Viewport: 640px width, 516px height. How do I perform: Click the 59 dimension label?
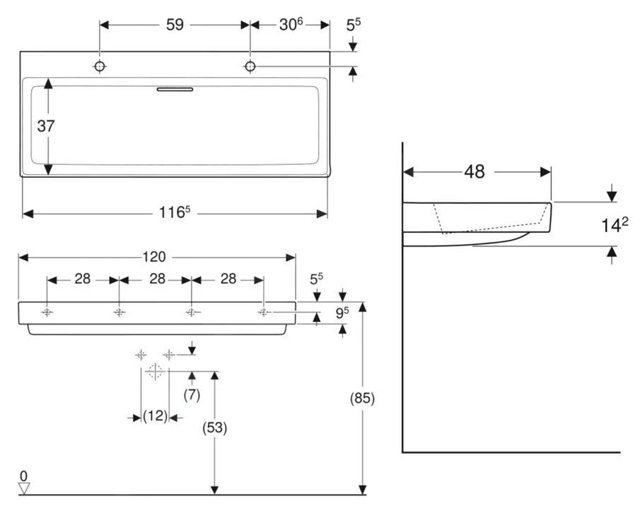[175, 25]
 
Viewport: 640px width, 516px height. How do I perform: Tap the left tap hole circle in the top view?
[100, 67]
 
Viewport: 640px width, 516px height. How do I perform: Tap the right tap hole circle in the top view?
[250, 67]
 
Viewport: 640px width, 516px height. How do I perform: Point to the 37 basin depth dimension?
[47, 126]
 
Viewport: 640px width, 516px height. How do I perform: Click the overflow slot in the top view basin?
[174, 89]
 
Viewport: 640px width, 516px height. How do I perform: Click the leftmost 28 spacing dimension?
[83, 279]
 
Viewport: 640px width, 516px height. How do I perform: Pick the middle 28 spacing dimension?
[157, 279]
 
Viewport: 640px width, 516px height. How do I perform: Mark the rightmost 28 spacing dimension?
[228, 279]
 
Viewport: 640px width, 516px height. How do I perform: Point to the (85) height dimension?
[362, 399]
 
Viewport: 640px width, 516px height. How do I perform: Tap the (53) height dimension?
[215, 428]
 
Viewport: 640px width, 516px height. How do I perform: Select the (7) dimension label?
[192, 396]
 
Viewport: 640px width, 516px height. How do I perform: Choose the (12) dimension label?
[156, 417]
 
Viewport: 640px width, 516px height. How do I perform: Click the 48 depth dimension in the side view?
[475, 172]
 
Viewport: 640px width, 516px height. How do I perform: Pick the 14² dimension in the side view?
[615, 224]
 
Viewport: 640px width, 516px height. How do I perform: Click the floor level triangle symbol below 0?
[25, 488]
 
